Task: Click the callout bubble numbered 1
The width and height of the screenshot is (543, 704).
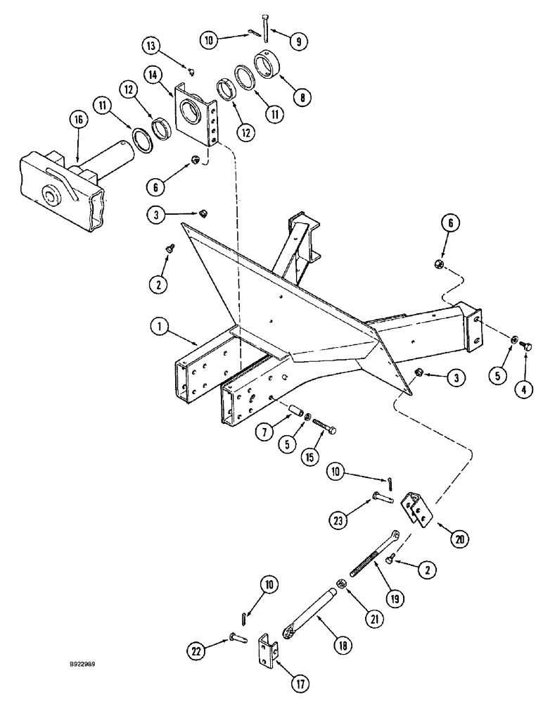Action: (x=160, y=326)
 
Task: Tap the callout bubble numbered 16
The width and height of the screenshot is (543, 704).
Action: (x=77, y=121)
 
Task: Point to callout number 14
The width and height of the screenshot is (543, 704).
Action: (x=155, y=73)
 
